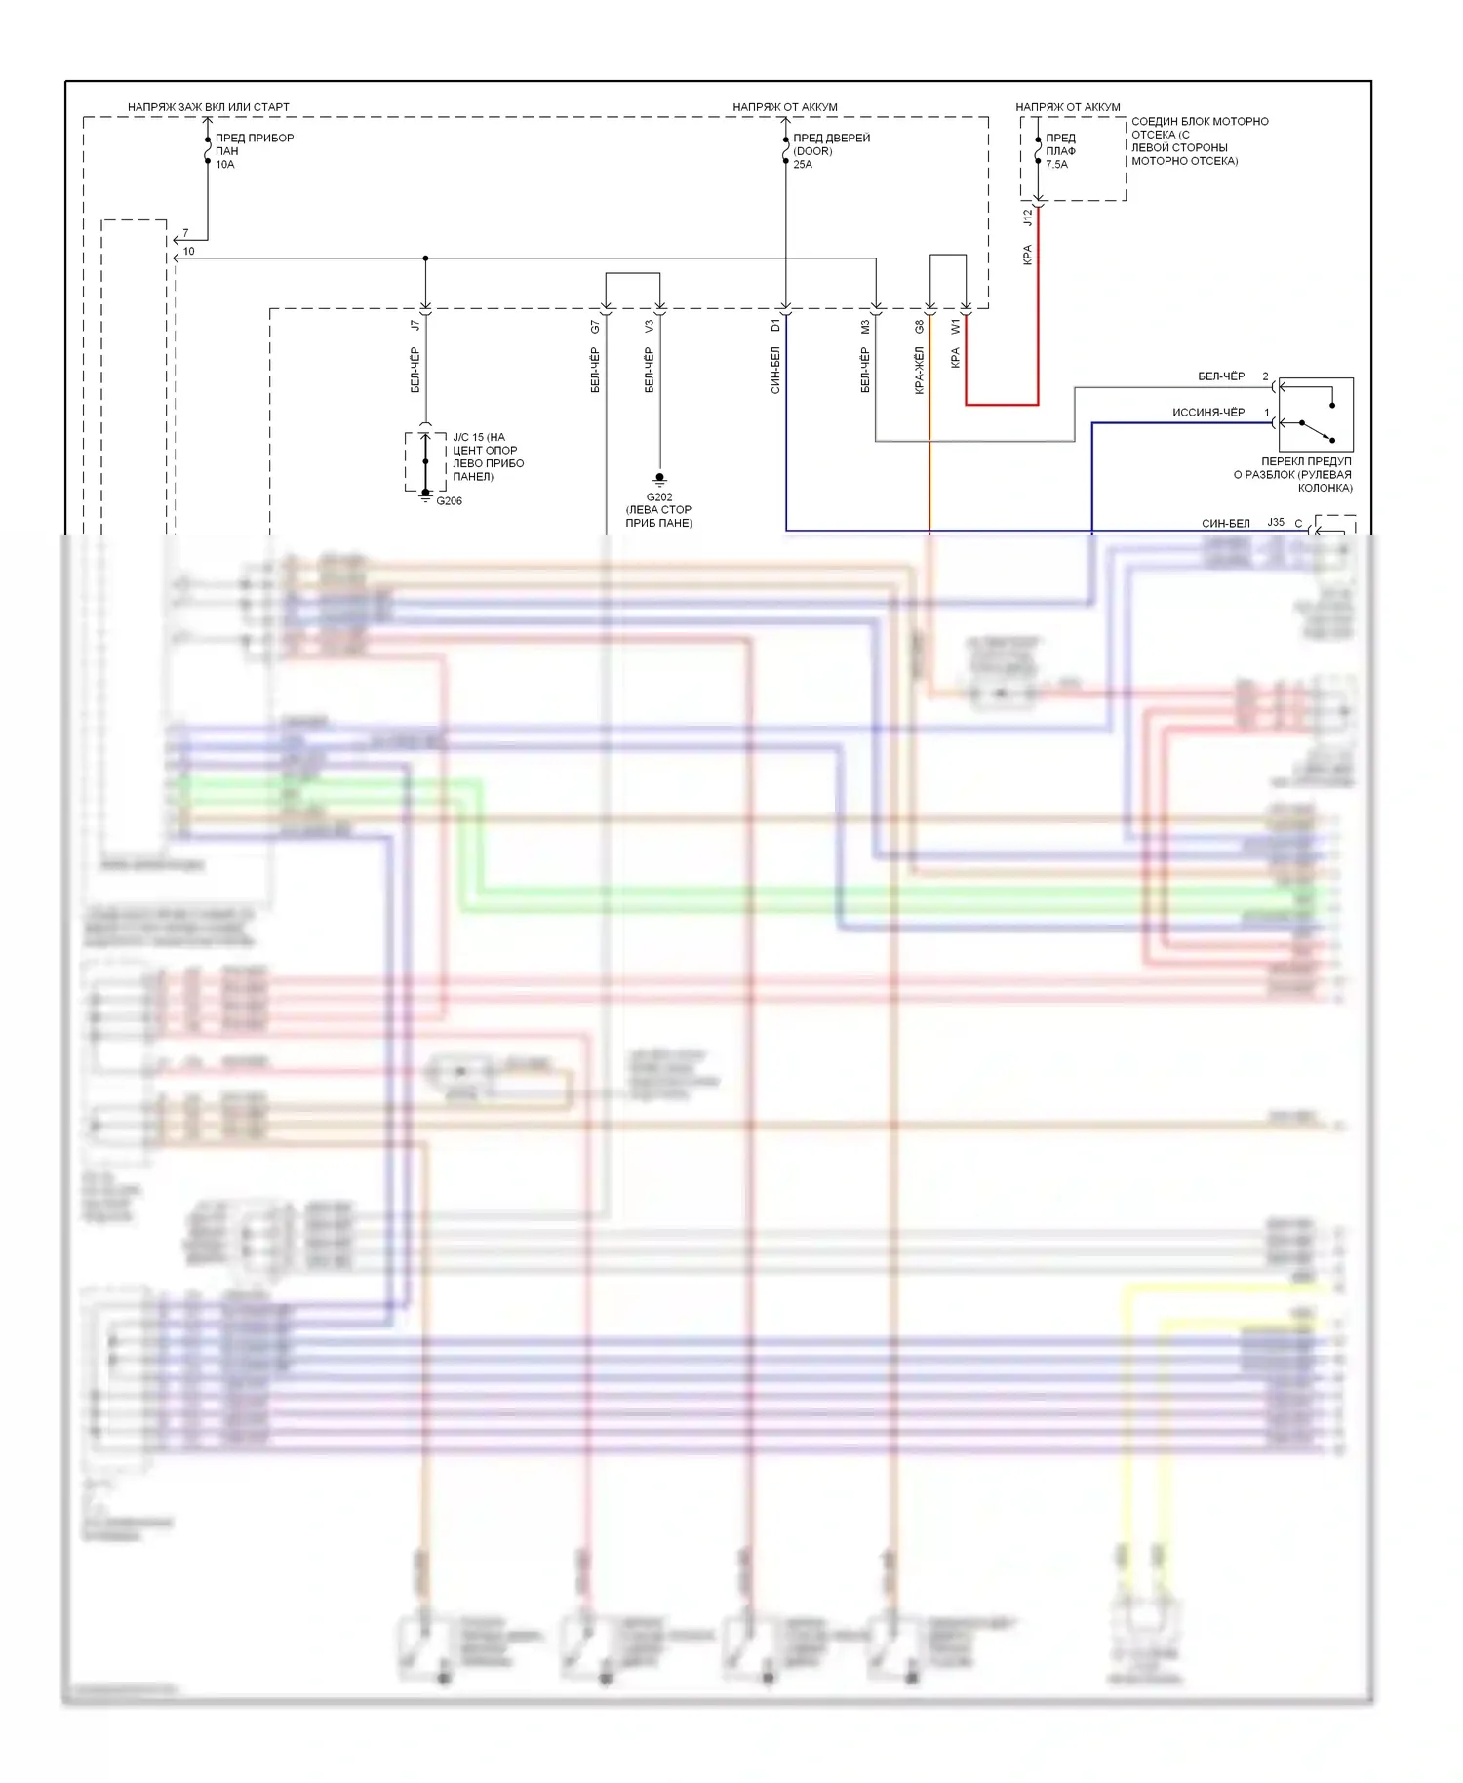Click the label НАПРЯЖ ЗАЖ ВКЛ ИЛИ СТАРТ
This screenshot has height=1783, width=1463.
click(x=208, y=107)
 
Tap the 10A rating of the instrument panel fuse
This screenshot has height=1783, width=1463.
click(x=225, y=165)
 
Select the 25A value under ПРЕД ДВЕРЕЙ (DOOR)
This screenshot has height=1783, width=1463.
click(x=803, y=165)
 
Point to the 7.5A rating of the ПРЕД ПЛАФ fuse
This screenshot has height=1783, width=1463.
click(x=1056, y=165)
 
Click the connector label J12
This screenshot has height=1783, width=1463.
click(x=1027, y=218)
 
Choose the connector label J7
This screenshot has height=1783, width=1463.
click(x=415, y=325)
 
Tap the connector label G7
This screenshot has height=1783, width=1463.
click(x=595, y=327)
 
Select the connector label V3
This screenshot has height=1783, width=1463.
click(x=650, y=327)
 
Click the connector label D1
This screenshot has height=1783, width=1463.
click(x=775, y=326)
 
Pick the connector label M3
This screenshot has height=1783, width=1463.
click(x=865, y=327)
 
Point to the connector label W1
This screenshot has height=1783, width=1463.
click(x=956, y=327)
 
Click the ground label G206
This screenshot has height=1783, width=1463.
click(x=450, y=501)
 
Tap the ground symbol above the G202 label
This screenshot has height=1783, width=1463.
click(x=659, y=480)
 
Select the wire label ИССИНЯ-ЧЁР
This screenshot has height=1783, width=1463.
click(x=1208, y=413)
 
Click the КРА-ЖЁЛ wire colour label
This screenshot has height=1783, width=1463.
click(x=919, y=371)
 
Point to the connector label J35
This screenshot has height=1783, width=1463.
click(x=1276, y=523)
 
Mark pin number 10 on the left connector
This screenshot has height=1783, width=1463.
click(x=189, y=251)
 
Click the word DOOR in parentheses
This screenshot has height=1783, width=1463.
click(x=813, y=151)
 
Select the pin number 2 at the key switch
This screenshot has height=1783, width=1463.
click(x=1266, y=376)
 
